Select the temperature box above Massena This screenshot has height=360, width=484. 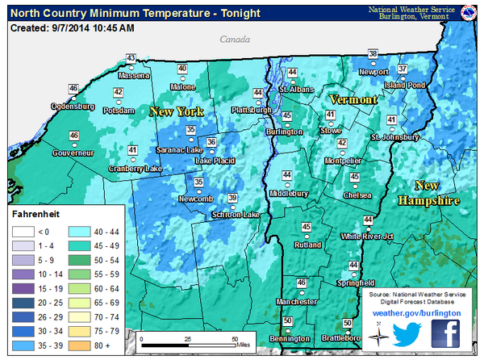click(x=131, y=58)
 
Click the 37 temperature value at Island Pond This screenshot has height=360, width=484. click(x=402, y=69)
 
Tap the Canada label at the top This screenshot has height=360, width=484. click(x=234, y=39)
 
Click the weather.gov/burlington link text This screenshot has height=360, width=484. click(x=416, y=310)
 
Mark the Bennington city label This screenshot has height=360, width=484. click(x=289, y=338)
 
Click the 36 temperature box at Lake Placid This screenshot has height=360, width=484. click(x=211, y=143)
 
